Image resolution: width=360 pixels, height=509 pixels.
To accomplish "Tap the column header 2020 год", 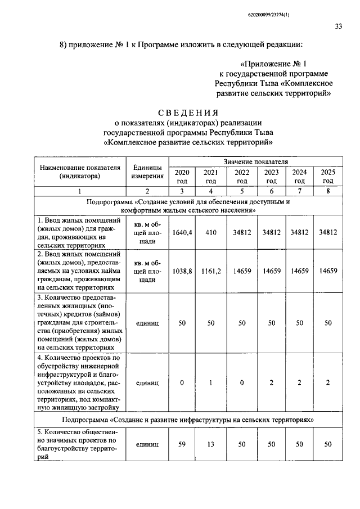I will [182, 176].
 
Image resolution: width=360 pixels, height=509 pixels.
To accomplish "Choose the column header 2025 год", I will [328, 176].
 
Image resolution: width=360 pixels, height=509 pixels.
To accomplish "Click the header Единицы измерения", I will [147, 172].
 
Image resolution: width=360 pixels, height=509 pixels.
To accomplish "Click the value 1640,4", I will [182, 232].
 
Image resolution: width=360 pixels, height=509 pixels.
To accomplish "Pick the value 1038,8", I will [182, 271].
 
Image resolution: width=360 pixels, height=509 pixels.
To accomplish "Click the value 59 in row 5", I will [182, 444].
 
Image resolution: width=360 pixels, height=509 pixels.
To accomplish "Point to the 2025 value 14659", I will [328, 271].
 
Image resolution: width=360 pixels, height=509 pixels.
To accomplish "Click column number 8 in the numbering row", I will [328, 191].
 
